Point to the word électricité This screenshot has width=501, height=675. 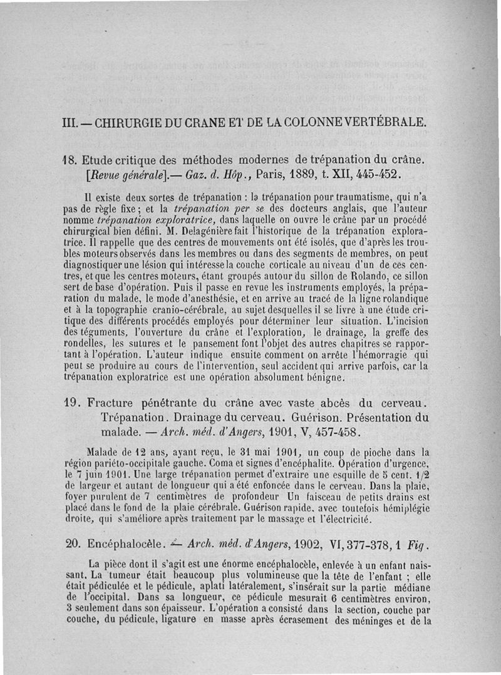click(x=346, y=520)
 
